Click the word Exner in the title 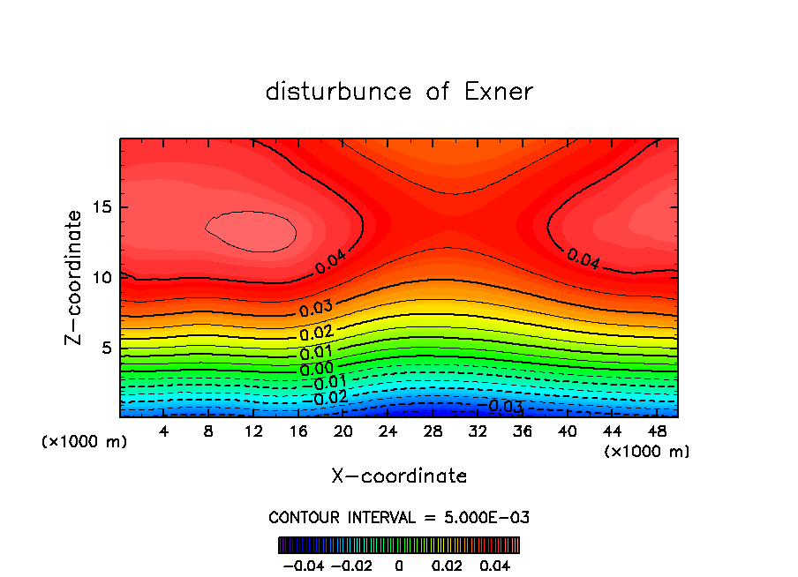499,92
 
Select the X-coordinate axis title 399,476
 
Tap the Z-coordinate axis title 75,277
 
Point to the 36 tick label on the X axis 523,431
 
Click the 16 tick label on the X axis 297,431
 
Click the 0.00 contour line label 317,368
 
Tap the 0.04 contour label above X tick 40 583,259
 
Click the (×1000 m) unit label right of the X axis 647,452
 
